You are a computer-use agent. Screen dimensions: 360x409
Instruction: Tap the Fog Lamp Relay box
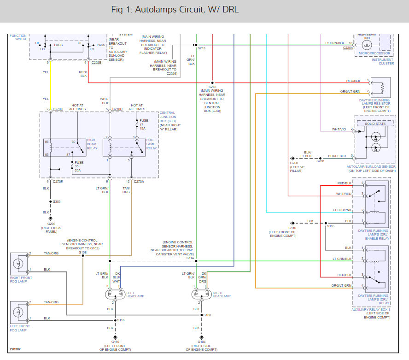pyautogui.click(x=124, y=147)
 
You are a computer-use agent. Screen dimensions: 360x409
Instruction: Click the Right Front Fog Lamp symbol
pyautogui.click(x=19, y=264)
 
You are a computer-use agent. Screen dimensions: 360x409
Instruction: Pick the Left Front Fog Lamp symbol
pyautogui.click(x=19, y=312)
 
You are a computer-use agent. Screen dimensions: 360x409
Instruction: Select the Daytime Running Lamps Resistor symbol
pyautogui.click(x=380, y=87)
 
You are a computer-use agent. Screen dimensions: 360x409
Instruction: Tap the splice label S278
pyautogui.click(x=212, y=87)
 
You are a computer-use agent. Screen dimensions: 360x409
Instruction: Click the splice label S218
pyautogui.click(x=202, y=48)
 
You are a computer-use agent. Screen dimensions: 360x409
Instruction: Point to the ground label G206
pyautogui.click(x=51, y=223)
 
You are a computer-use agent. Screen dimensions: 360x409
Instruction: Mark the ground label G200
pyautogui.click(x=294, y=163)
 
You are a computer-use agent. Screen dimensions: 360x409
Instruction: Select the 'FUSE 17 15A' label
pyautogui.click(x=144, y=124)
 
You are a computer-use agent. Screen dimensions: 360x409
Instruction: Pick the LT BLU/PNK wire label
pyautogui.click(x=342, y=210)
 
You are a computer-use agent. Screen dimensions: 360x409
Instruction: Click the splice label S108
pyautogui.click(x=83, y=253)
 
